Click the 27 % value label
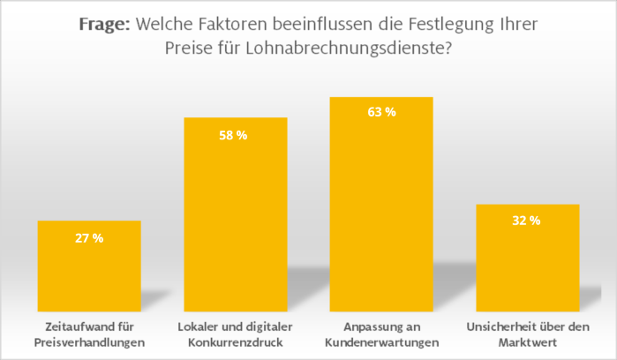[x=89, y=238]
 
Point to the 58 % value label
[x=235, y=135]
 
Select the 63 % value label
[x=381, y=113]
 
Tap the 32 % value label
[x=527, y=221]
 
